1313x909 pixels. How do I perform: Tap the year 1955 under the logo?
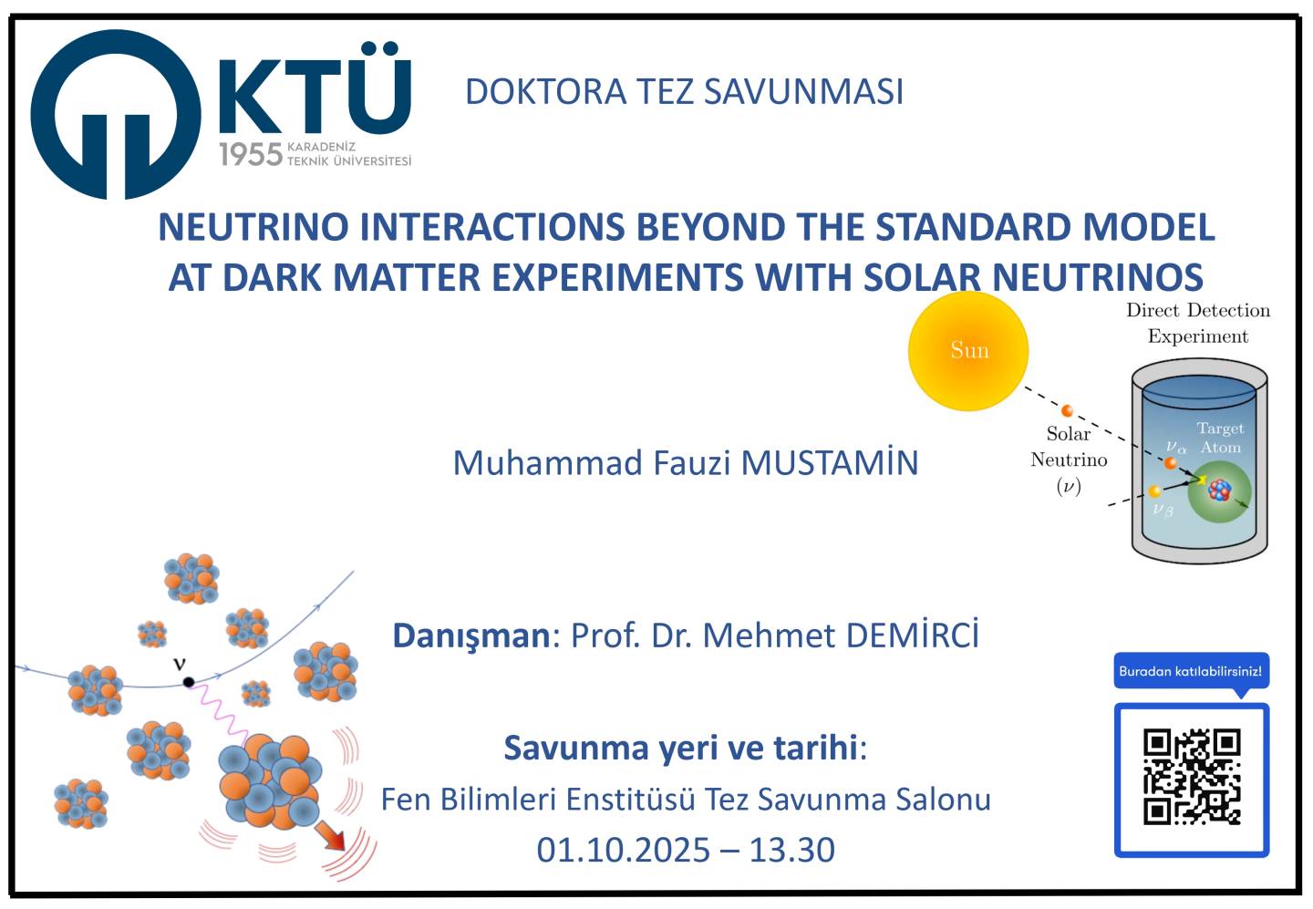click(251, 154)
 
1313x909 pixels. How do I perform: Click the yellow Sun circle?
click(967, 351)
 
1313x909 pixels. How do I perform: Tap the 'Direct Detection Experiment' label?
click(1198, 323)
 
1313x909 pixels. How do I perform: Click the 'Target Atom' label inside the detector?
click(1220, 438)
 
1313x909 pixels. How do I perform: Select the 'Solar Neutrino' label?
click(1069, 447)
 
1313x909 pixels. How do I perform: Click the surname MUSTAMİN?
click(830, 462)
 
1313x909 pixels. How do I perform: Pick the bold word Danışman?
click(471, 636)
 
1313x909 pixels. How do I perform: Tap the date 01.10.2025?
click(623, 850)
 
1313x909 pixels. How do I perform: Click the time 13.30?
click(791, 850)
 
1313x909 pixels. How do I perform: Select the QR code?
click(1192, 777)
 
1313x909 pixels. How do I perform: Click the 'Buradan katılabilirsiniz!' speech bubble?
click(1191, 672)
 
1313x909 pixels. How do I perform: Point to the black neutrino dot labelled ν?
click(189, 682)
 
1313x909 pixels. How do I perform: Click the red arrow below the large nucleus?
click(329, 836)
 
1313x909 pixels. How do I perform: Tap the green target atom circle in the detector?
click(1220, 491)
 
